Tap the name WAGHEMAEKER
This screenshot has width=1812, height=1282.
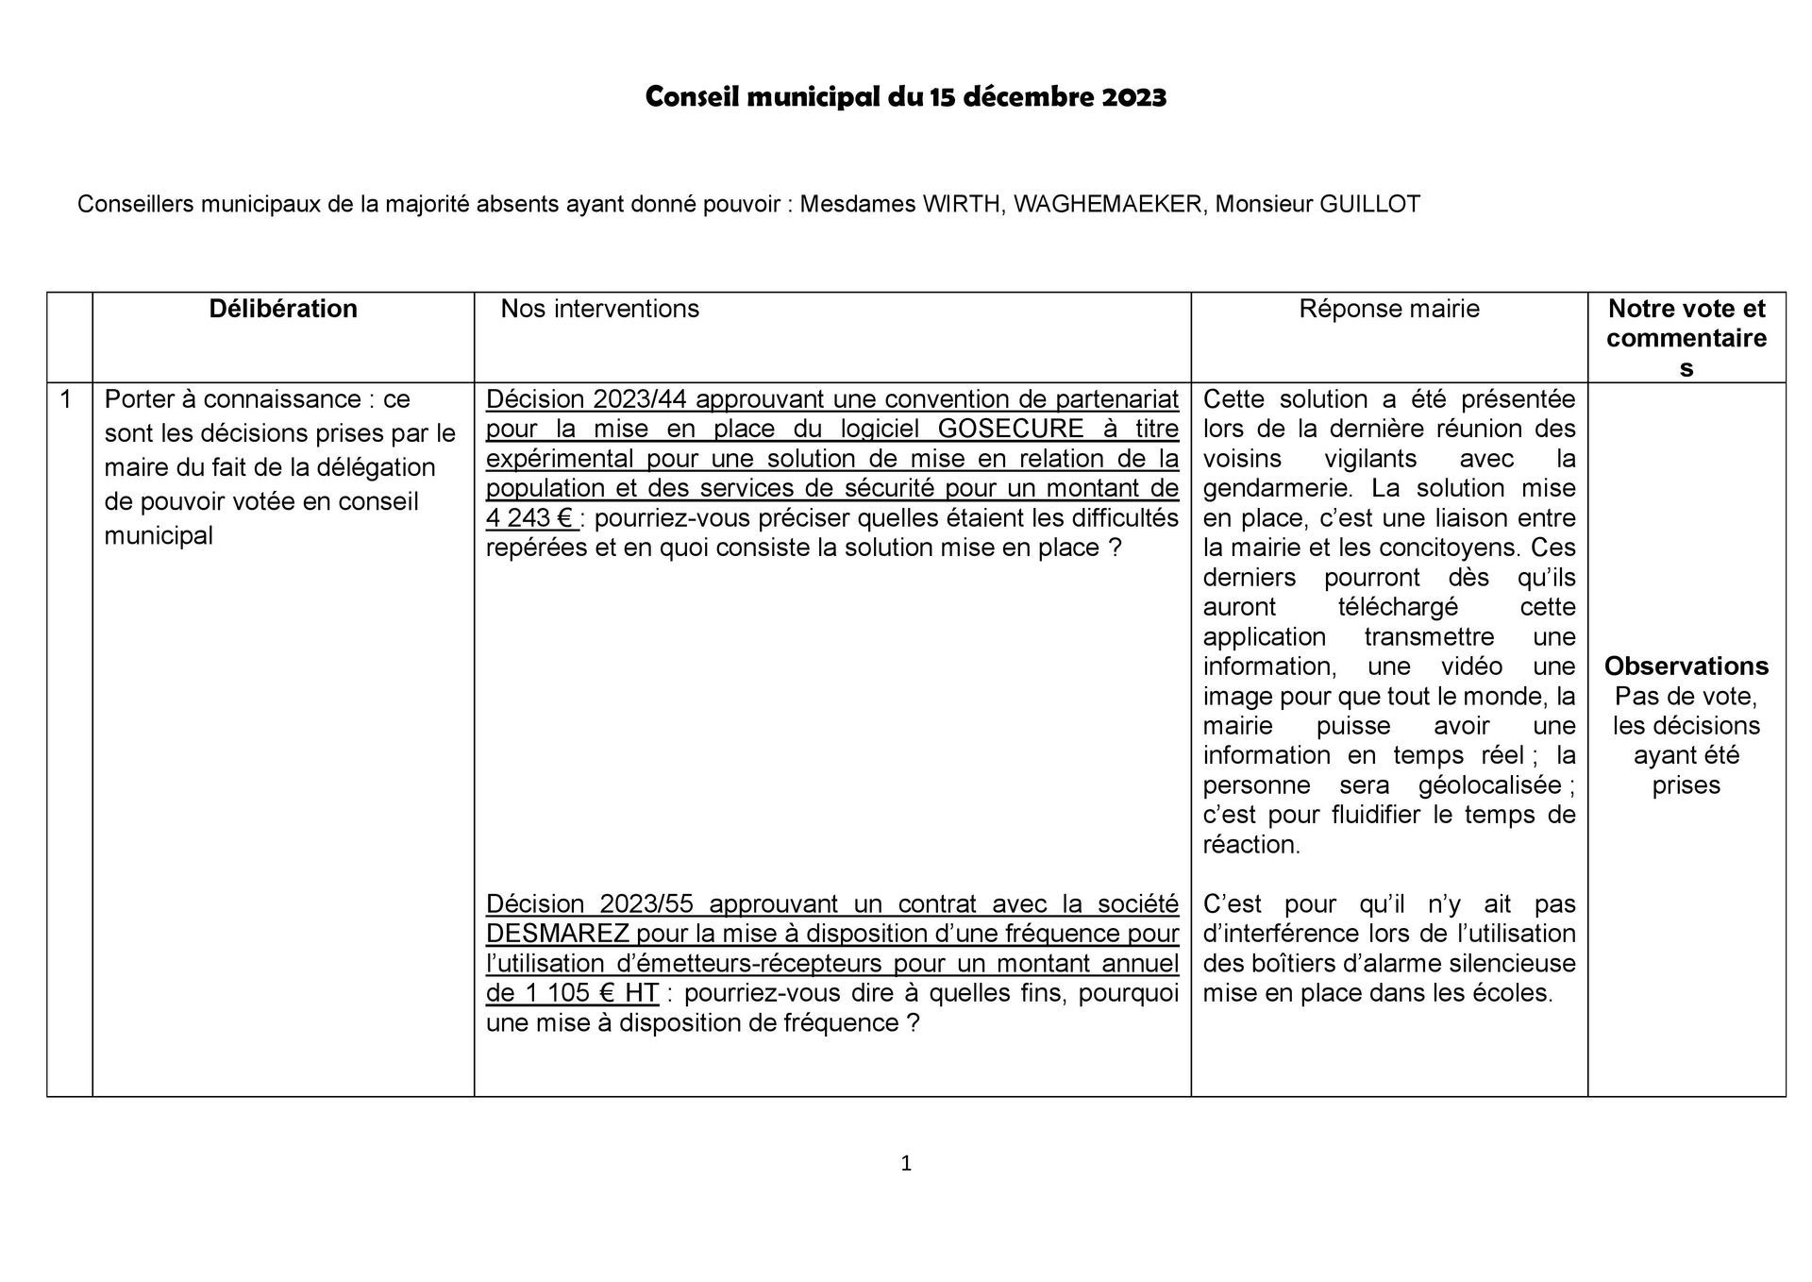click(x=1110, y=204)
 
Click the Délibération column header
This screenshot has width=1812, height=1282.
click(x=283, y=309)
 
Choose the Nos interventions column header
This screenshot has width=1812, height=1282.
click(x=599, y=309)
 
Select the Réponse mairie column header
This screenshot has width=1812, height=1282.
click(x=1388, y=309)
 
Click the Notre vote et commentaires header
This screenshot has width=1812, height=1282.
click(x=1686, y=337)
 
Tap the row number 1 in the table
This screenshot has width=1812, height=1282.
click(x=66, y=399)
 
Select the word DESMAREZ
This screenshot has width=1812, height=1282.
click(x=557, y=934)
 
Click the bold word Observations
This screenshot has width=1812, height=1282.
click(x=1686, y=666)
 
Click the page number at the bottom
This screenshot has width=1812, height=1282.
click(x=906, y=1164)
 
